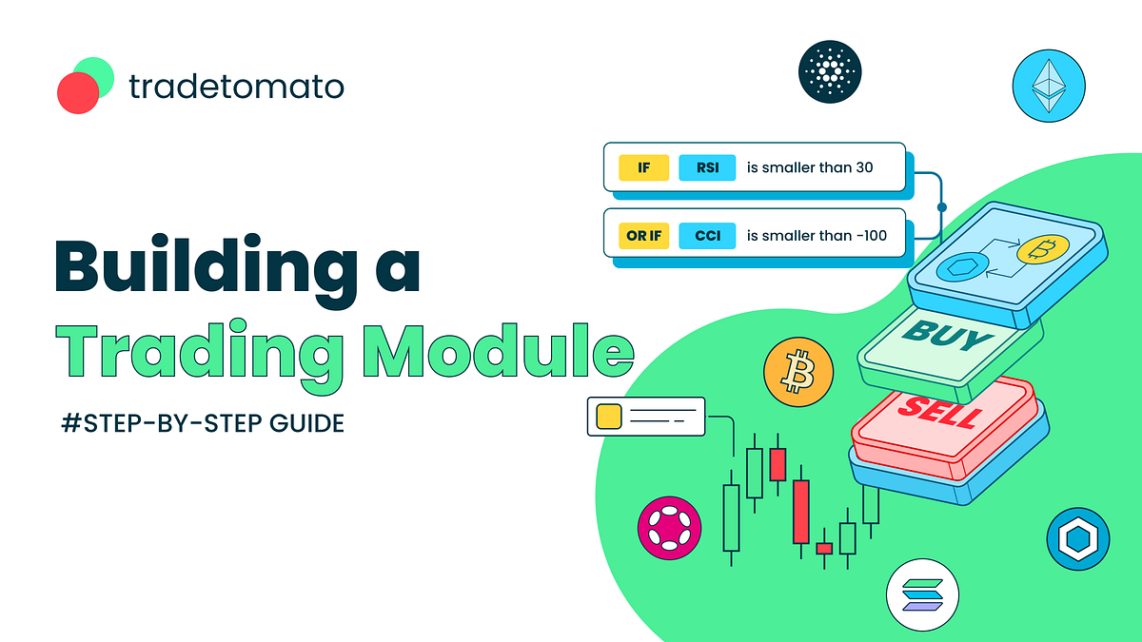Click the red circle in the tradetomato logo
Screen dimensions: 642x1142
pyautogui.click(x=77, y=93)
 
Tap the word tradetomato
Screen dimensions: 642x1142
pyautogui.click(x=235, y=88)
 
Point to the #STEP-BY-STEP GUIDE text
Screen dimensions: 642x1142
pyautogui.click(x=202, y=423)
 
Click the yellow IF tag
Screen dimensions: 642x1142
pyautogui.click(x=644, y=168)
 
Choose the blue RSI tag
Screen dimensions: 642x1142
pyautogui.click(x=706, y=168)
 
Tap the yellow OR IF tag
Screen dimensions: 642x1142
pyautogui.click(x=644, y=234)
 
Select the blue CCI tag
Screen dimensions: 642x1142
pyautogui.click(x=706, y=234)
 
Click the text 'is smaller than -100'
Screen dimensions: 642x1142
pyautogui.click(x=817, y=234)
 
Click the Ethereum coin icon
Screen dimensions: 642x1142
pyautogui.click(x=1050, y=87)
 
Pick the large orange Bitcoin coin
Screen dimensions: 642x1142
pyautogui.click(x=797, y=371)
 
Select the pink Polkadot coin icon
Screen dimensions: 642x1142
pyautogui.click(x=670, y=528)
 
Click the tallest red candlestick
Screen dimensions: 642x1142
pyautogui.click(x=801, y=512)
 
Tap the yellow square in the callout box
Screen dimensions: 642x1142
pyautogui.click(x=606, y=417)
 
